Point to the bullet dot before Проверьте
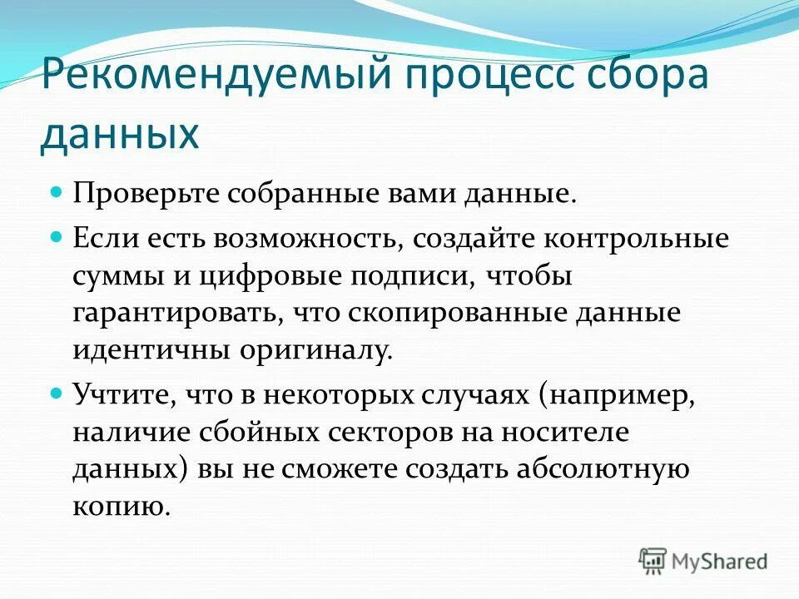pos(57,191)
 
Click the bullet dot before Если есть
pos(57,236)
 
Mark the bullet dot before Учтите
pos(57,391)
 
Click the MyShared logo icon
pos(653,561)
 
